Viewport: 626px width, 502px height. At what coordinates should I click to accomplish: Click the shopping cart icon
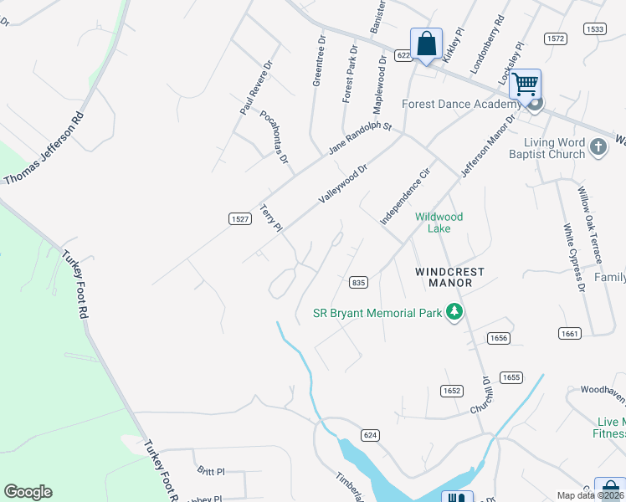pos(525,84)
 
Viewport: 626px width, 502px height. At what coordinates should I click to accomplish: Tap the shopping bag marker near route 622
pos(426,44)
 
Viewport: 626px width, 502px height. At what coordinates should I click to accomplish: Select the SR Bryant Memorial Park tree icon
pos(454,313)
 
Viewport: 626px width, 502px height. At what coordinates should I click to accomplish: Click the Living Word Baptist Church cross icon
pos(598,147)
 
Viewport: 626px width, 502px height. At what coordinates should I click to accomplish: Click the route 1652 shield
pos(452,391)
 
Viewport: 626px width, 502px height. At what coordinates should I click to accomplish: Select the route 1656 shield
pos(499,337)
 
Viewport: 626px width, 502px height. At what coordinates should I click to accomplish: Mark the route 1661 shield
pos(570,333)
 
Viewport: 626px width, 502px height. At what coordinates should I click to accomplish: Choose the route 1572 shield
pos(555,38)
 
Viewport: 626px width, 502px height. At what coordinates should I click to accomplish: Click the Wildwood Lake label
pos(439,223)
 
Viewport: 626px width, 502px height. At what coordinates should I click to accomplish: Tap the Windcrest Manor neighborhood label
pos(444,278)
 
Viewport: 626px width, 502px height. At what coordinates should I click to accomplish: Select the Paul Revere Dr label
pos(257,87)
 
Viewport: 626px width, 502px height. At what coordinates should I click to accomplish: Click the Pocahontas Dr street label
pos(274,136)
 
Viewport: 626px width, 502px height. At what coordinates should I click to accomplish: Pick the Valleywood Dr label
pos(343,184)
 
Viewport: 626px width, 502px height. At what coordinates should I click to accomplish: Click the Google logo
pos(28,492)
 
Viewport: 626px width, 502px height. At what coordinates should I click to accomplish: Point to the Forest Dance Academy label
pos(461,105)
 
